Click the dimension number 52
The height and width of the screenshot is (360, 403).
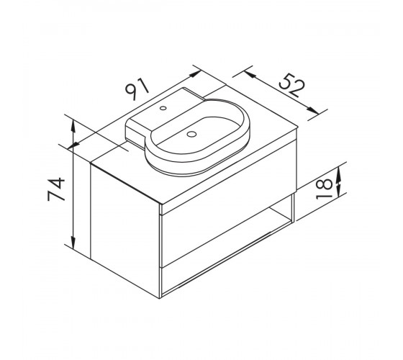tap(291, 85)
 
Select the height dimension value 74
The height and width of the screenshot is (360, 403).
tap(56, 189)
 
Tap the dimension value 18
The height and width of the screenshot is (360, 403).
tap(324, 189)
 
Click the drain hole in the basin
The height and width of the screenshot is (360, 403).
tap(191, 134)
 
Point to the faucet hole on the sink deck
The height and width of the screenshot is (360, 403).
tap(163, 108)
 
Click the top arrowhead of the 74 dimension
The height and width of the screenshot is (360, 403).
tap(73, 127)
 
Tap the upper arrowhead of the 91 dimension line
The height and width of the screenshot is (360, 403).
tap(195, 73)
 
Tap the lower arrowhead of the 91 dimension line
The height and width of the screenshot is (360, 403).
tap(73, 145)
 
